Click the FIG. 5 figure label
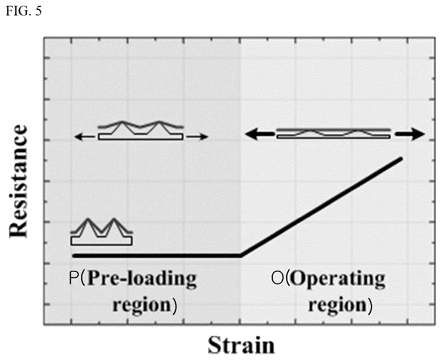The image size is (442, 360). click(x=24, y=11)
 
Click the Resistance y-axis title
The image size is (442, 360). click(x=18, y=181)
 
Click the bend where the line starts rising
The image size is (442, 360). click(x=241, y=256)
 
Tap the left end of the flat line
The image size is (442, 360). click(x=73, y=256)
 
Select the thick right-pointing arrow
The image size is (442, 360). click(x=409, y=134)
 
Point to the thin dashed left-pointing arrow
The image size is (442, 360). click(x=86, y=137)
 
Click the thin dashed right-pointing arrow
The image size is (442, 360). click(x=196, y=137)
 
